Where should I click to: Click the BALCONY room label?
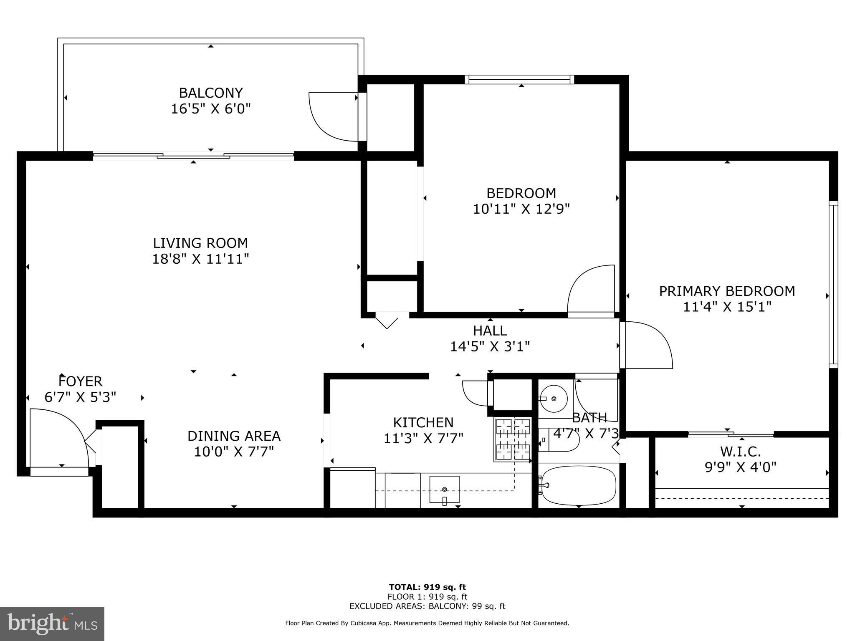pos(211,93)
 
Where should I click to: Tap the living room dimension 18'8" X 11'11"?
pos(200,259)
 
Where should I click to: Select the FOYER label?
pos(81,381)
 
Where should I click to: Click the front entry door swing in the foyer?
pos(63,434)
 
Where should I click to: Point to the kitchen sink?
pos(444,490)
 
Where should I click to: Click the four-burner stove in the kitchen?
pos(512,439)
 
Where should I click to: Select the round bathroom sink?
pos(554,399)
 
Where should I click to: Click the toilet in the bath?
pos(559,440)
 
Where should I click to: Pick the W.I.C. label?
pos(740,451)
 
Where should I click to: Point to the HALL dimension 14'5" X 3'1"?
pos(490,347)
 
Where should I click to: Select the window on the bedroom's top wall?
pos(519,79)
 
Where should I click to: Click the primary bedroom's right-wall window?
pos(833,284)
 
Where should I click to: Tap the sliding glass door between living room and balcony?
pos(193,156)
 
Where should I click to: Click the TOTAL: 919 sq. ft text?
pos(427,588)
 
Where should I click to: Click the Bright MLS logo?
pos(52,623)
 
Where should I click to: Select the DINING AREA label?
pos(234,436)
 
